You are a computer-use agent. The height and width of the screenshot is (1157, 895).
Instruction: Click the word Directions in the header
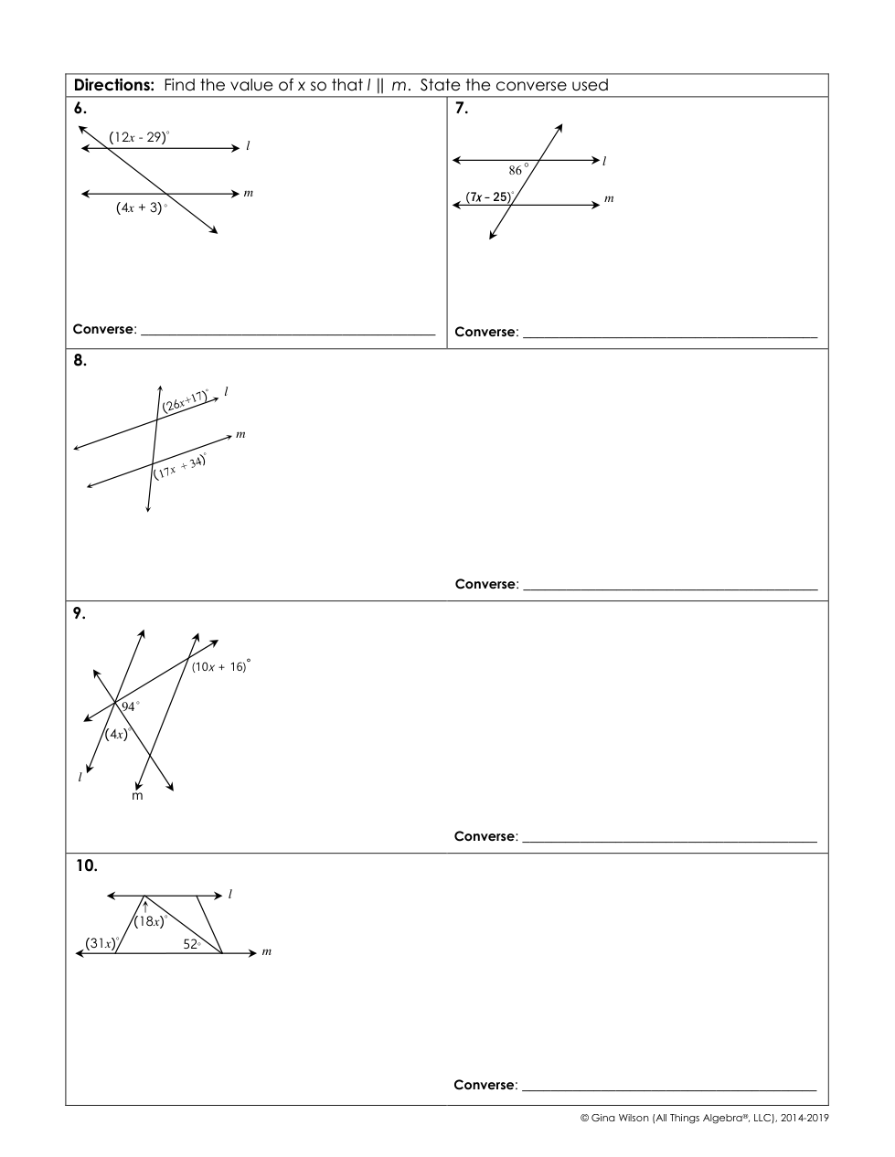[114, 85]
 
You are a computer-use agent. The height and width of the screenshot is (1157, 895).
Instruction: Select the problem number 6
[80, 108]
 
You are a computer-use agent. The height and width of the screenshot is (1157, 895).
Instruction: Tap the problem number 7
[462, 108]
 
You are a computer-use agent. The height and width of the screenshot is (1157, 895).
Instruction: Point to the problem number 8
[80, 360]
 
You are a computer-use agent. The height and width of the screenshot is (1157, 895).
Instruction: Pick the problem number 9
[80, 613]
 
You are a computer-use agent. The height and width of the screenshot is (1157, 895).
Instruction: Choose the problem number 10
[86, 865]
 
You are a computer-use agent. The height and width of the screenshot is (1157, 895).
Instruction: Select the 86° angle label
[518, 170]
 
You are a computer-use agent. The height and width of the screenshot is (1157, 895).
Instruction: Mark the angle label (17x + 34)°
[180, 466]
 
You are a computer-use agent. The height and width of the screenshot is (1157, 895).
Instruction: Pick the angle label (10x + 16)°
[220, 666]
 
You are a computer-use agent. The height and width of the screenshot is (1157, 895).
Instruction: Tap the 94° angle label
[130, 706]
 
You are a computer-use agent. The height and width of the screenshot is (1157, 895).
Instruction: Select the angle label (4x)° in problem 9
[118, 733]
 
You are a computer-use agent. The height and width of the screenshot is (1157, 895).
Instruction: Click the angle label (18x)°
[150, 921]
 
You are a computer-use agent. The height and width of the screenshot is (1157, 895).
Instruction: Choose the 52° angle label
[191, 944]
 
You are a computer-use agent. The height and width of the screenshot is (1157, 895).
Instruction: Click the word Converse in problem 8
[485, 584]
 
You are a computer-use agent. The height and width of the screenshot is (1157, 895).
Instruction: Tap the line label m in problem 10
[266, 952]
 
